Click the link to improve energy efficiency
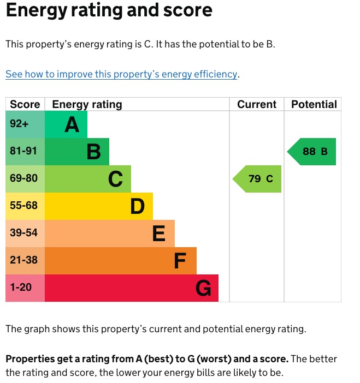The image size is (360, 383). (122, 74)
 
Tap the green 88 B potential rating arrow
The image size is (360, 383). (312, 152)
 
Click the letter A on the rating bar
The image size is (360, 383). (72, 125)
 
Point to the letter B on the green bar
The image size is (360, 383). (94, 152)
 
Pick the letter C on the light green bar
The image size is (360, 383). (115, 179)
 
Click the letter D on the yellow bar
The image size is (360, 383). (137, 206)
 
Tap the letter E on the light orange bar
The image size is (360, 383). (158, 234)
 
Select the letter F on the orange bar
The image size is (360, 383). (180, 261)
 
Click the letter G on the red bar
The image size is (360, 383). (203, 288)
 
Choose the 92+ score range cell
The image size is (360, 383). (25, 124)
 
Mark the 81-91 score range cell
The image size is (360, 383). (25, 151)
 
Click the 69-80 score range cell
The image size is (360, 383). (25, 178)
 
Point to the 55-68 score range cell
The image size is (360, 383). (25, 206)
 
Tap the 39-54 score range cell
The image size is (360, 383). (25, 233)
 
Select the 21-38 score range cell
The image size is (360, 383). (25, 260)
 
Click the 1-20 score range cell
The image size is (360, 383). (25, 287)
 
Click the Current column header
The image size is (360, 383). (257, 104)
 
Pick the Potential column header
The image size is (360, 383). (314, 104)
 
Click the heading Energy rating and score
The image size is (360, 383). (109, 11)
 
